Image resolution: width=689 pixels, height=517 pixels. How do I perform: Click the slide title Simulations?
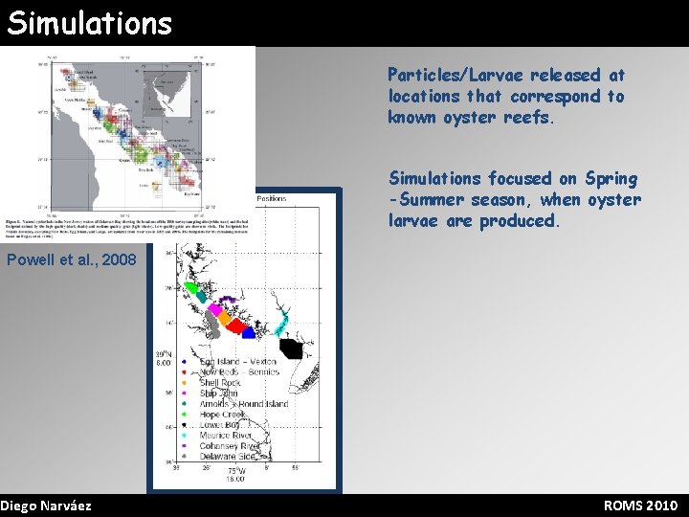(x=89, y=22)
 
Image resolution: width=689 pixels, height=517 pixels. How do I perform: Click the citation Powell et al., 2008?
(x=71, y=260)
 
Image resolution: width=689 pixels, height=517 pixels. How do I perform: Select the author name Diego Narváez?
(x=46, y=506)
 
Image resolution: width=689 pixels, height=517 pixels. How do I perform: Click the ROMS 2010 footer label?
(x=640, y=506)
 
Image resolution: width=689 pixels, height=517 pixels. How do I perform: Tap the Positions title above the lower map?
(x=271, y=199)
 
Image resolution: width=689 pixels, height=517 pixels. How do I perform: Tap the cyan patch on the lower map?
(x=283, y=325)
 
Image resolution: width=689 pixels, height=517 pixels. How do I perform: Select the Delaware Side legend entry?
(x=228, y=457)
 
